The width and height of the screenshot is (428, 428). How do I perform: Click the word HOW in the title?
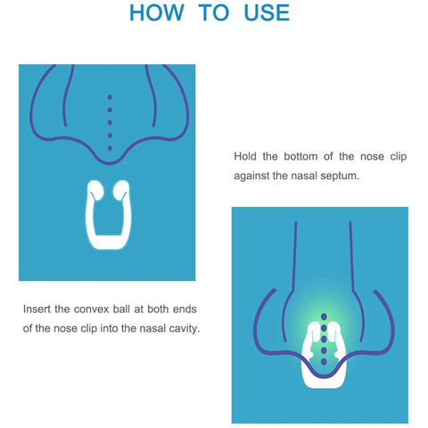coord(160,12)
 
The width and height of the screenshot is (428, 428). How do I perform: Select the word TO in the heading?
coord(212,12)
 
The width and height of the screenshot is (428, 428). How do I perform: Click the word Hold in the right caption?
coord(246,156)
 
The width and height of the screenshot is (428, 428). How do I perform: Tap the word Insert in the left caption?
coord(39,309)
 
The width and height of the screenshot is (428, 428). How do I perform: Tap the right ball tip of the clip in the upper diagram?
coord(124,190)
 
